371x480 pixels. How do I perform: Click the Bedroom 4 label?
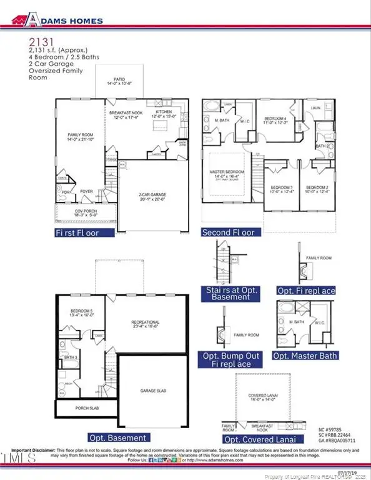[274, 120]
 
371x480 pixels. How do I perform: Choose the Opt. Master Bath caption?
[307, 356]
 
